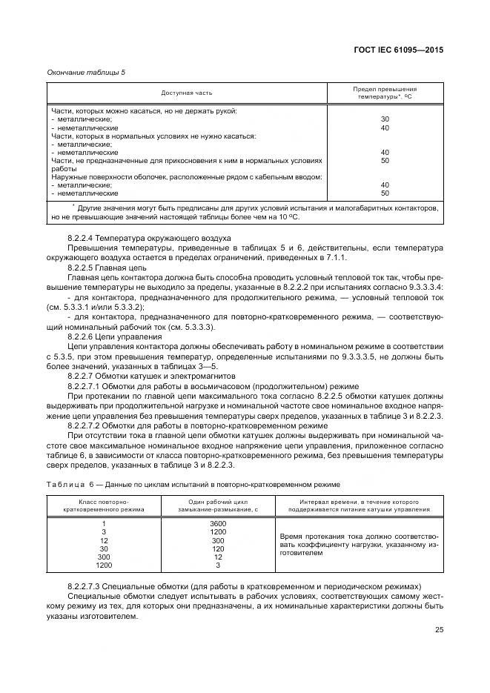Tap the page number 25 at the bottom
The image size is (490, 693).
click(439, 630)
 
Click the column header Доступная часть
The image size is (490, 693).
click(188, 93)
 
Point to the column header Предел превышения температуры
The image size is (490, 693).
click(385, 93)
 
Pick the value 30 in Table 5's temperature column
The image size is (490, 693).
click(385, 119)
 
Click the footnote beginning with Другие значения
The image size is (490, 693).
click(245, 213)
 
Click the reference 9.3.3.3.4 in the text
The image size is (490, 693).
click(422, 286)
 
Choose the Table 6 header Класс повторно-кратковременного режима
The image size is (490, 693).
click(104, 505)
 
